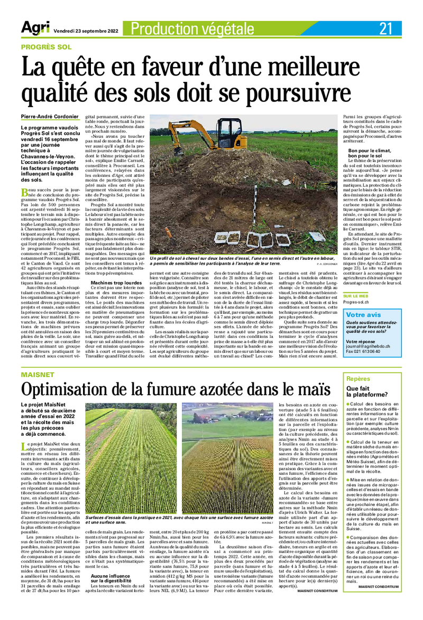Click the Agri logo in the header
click(35, 28)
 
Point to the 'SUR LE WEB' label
click(355, 296)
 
